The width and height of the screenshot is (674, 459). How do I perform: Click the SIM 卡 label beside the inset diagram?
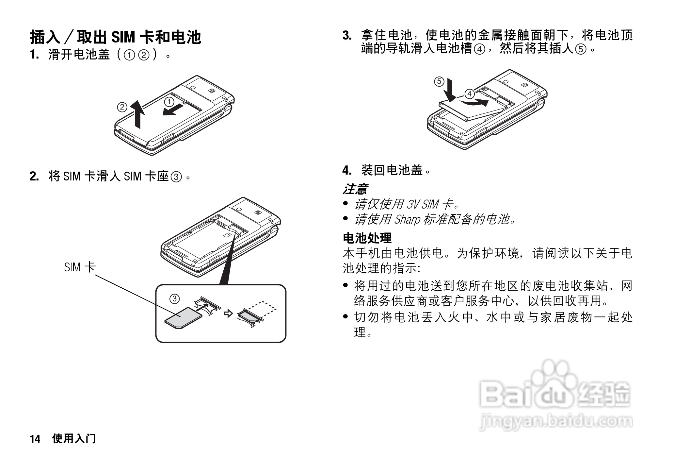click(x=79, y=267)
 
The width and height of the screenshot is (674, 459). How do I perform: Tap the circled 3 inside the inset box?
click(x=174, y=298)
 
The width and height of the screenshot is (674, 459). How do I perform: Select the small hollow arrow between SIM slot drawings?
click(x=228, y=314)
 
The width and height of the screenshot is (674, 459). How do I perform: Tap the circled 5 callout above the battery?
click(x=439, y=81)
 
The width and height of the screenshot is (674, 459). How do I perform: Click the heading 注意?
click(x=355, y=189)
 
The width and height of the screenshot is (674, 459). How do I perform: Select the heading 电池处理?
click(x=367, y=238)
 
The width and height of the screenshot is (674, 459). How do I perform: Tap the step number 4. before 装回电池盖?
click(x=347, y=170)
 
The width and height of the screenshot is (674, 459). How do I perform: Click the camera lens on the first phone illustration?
click(x=212, y=91)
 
